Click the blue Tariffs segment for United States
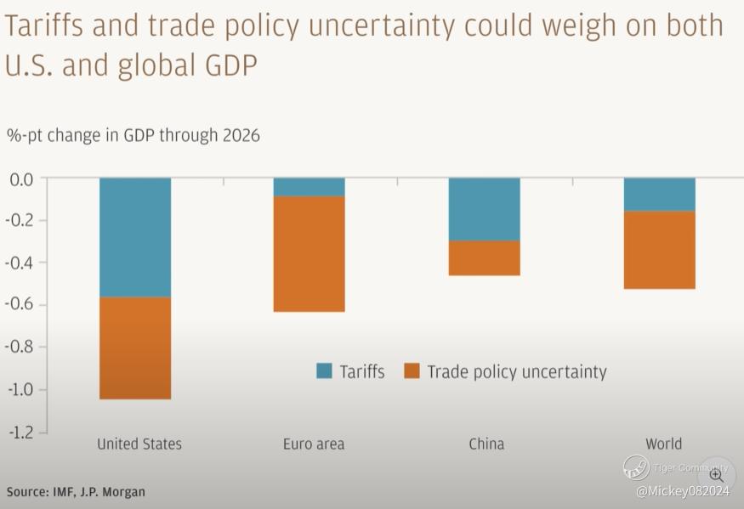click(135, 237)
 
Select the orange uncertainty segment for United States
click(135, 348)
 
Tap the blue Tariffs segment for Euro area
click(309, 187)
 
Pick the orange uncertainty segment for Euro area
click(309, 254)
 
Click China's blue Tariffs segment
click(484, 209)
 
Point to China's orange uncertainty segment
click(484, 258)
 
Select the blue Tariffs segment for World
click(659, 195)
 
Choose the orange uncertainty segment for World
click(659, 250)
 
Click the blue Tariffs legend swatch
click(324, 371)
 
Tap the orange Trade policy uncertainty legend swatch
click(412, 371)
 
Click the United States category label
click(139, 444)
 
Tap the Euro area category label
click(313, 444)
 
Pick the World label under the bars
click(663, 444)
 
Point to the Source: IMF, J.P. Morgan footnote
click(76, 492)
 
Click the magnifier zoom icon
click(716, 475)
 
